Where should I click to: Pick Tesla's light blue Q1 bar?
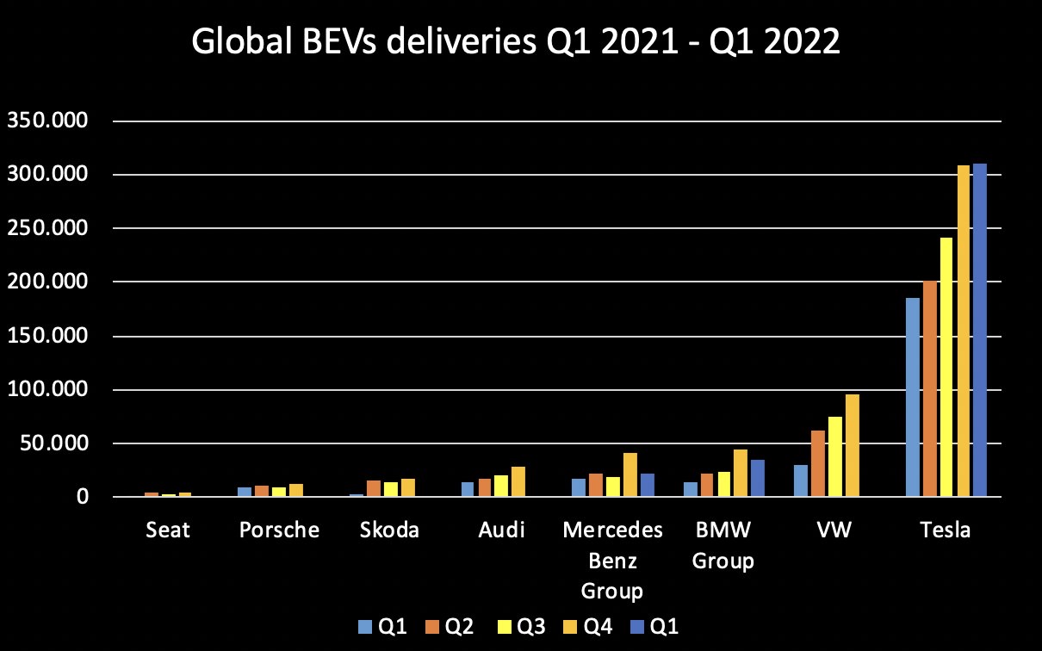[x=913, y=397]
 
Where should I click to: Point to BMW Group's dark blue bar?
[x=758, y=478]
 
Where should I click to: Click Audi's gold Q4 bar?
[x=518, y=481]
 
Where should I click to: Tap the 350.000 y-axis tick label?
[x=47, y=121]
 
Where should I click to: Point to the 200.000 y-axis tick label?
[x=47, y=282]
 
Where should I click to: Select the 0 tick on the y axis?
[x=82, y=498]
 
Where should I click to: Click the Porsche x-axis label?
[x=279, y=530]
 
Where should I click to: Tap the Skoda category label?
[x=390, y=530]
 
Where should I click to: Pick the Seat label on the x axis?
[x=167, y=530]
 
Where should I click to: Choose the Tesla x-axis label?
[x=946, y=530]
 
